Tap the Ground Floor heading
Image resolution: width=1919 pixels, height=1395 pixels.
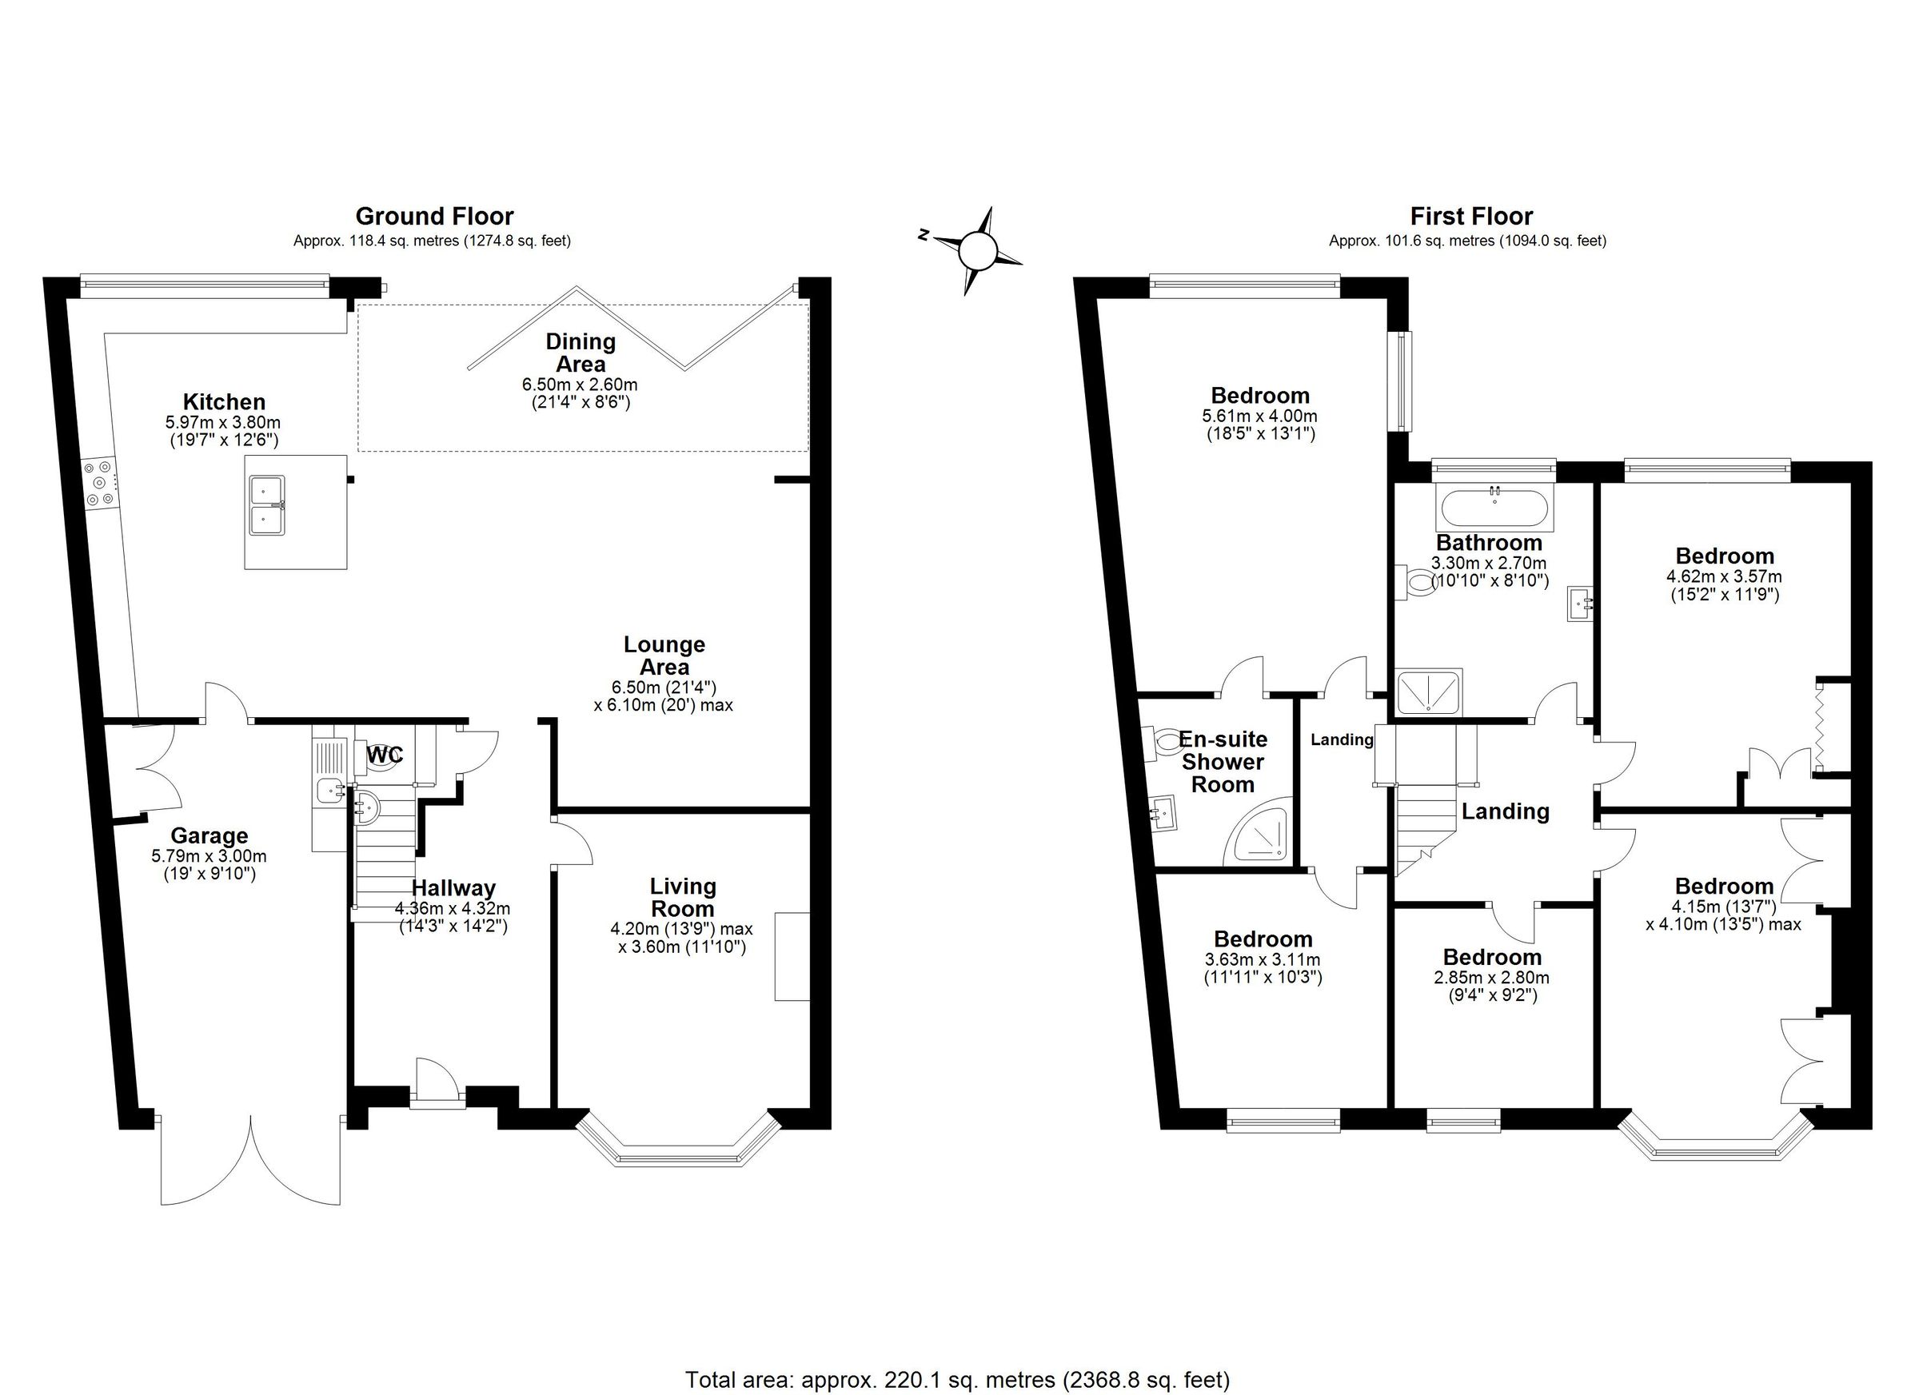pos(434,216)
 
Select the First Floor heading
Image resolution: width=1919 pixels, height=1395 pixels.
pos(1470,217)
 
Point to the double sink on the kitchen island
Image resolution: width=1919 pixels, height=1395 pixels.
pos(267,505)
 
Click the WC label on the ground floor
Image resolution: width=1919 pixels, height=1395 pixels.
pos(385,755)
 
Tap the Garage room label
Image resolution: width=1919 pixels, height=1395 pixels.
pos(209,836)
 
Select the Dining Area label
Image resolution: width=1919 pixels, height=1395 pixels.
pos(580,353)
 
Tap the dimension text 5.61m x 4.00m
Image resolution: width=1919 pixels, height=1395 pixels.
pos(1260,417)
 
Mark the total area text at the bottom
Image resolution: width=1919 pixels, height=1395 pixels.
pos(957,1380)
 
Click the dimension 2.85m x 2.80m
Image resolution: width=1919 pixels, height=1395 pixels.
pos(1492,978)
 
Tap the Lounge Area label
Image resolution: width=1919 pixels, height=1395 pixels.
pos(664,656)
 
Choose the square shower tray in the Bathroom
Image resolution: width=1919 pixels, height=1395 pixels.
pos(1428,691)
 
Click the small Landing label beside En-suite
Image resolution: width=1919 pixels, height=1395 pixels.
pos(1341,739)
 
